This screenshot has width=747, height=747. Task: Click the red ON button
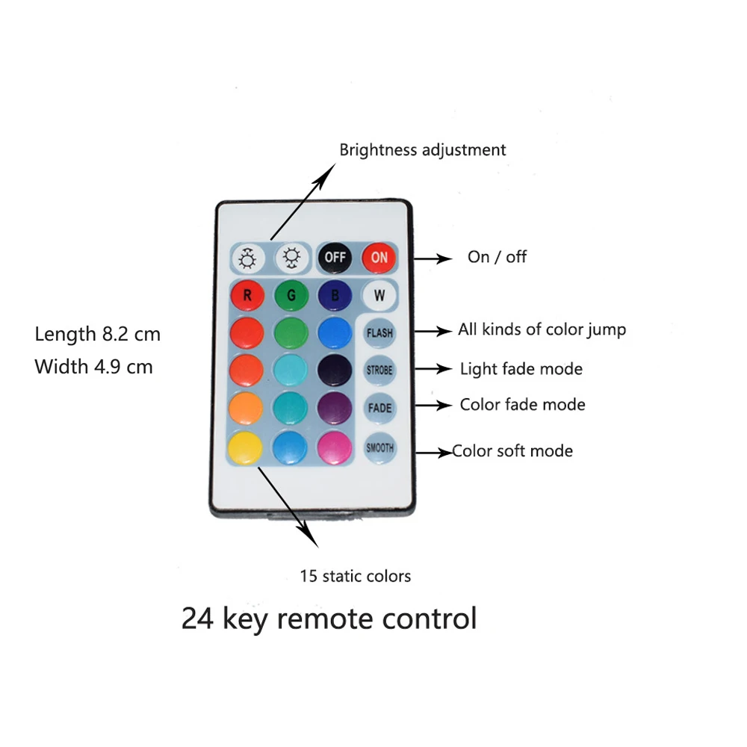click(379, 258)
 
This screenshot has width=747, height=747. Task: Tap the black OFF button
click(335, 258)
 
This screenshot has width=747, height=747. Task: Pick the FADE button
click(379, 409)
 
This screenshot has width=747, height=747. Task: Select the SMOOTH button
click(379, 448)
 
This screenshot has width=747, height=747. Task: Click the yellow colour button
click(247, 447)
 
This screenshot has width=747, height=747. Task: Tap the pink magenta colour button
click(335, 447)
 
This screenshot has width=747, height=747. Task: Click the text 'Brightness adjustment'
click(423, 149)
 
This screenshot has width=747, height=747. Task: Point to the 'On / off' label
click(497, 257)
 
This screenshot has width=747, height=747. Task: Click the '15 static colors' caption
click(356, 576)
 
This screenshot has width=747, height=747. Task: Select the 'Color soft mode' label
click(513, 451)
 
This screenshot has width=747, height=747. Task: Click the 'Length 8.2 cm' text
click(98, 334)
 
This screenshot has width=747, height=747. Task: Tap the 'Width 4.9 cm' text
click(94, 367)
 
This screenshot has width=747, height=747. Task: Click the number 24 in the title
click(197, 619)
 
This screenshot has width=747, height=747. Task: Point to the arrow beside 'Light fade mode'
click(433, 368)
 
